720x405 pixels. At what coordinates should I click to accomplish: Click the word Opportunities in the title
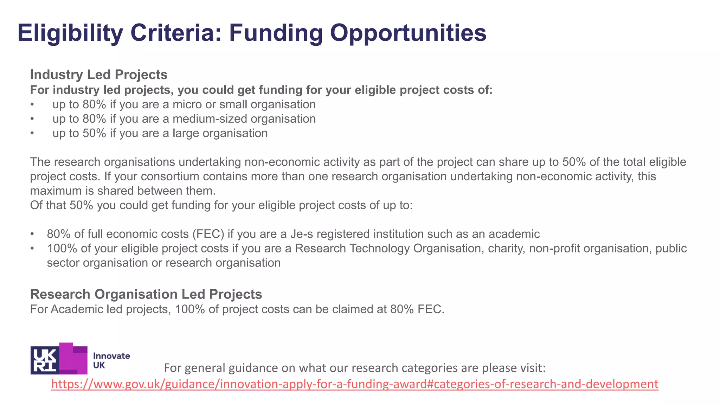point(408,33)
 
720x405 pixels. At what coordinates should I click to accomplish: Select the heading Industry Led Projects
point(98,75)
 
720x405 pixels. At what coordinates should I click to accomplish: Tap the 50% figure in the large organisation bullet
point(94,133)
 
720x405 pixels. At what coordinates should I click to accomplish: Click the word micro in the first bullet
point(186,104)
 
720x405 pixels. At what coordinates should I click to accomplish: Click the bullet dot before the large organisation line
point(32,134)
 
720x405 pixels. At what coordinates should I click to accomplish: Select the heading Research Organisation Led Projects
point(146,294)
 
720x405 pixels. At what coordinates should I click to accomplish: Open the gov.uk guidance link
point(354,384)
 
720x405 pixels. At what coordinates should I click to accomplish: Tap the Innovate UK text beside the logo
point(111,360)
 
